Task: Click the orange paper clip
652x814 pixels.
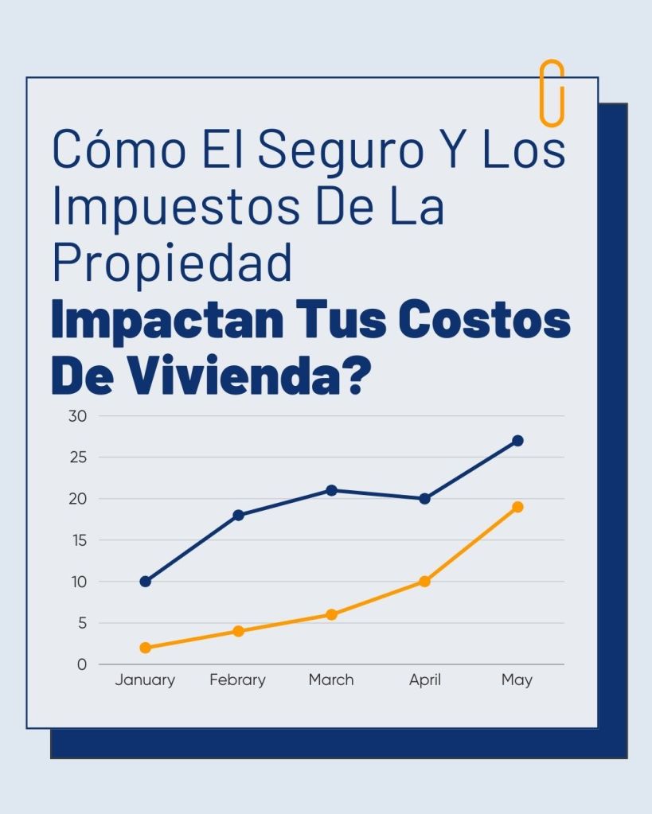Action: (552, 93)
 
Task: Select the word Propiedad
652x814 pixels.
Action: (172, 263)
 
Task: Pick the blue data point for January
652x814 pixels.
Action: (145, 582)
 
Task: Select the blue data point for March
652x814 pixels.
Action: (331, 490)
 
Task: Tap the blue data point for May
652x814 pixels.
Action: (517, 441)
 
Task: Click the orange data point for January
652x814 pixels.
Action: (145, 648)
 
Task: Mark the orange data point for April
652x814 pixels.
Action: (424, 582)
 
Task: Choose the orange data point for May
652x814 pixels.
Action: (517, 507)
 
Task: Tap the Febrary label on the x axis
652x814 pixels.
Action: (237, 680)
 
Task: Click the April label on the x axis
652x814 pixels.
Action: (424, 680)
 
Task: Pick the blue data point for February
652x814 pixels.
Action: (238, 516)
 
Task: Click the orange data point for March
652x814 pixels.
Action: (331, 614)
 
